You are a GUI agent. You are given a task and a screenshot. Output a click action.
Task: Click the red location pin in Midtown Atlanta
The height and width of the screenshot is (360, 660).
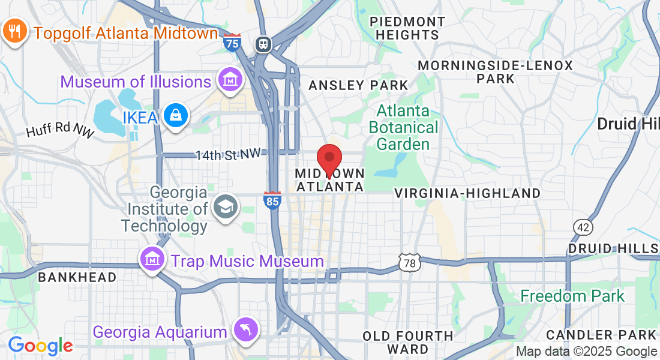tap(329, 159)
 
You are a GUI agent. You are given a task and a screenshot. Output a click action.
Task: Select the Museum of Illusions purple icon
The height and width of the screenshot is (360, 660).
tap(230, 80)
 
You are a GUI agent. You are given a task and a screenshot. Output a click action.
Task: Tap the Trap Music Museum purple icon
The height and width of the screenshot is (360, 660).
tap(152, 260)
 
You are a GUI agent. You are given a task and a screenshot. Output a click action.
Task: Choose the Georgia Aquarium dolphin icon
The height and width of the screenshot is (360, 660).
tap(247, 331)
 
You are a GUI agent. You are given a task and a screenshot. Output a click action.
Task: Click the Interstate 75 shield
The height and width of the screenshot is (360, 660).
tap(232, 42)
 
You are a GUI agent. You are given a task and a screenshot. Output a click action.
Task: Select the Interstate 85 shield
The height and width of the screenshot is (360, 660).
tap(272, 200)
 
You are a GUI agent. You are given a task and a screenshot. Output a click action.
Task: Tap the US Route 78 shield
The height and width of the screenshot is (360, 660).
tap(409, 262)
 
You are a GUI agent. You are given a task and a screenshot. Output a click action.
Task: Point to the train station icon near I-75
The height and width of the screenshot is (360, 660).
tap(263, 44)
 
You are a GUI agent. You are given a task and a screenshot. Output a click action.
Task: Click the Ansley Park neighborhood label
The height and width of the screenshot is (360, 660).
tap(358, 86)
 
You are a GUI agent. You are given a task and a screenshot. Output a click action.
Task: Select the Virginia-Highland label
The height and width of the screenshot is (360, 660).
tap(467, 193)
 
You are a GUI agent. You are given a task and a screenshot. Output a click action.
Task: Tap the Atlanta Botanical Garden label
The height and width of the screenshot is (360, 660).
tap(403, 127)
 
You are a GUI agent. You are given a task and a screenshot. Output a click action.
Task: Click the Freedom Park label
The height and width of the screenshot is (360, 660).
tap(572, 296)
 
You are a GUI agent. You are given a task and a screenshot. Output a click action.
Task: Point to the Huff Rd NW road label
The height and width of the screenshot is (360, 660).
tap(60, 127)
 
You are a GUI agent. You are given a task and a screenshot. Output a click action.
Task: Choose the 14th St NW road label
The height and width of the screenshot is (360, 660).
tap(228, 154)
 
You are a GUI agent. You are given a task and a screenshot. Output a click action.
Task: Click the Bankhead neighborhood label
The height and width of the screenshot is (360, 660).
tap(77, 277)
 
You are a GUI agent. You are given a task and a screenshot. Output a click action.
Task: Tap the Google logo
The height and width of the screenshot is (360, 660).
tap(40, 346)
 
